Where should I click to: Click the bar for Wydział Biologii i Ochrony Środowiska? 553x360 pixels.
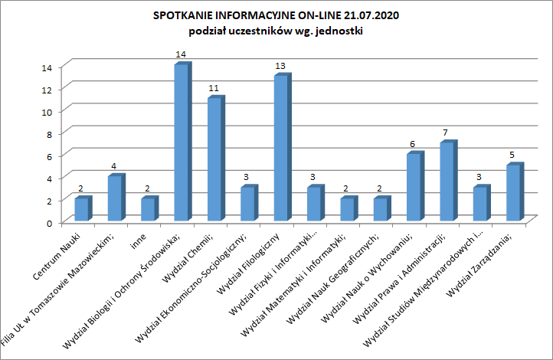(183, 142)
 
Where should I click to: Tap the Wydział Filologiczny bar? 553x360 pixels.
(283, 147)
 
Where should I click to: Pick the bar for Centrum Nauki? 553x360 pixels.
(83, 208)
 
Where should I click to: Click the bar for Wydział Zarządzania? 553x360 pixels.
(515, 191)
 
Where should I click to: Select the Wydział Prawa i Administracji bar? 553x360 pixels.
(449, 181)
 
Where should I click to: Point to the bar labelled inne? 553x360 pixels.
(150, 208)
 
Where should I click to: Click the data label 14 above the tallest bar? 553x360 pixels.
(181, 54)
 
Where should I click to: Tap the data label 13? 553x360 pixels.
(280, 66)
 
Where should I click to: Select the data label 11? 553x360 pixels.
(214, 88)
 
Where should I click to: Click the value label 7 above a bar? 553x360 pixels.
(446, 133)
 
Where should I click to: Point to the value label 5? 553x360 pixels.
(512, 155)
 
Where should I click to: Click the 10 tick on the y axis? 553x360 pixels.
(47, 112)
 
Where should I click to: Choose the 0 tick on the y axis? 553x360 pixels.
(49, 223)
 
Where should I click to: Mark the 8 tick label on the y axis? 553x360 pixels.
(49, 134)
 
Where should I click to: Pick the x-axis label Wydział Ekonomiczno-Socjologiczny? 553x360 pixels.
(191, 288)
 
